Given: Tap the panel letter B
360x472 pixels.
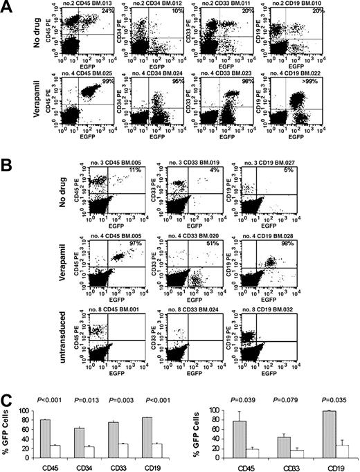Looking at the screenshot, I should [x=8, y=166].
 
